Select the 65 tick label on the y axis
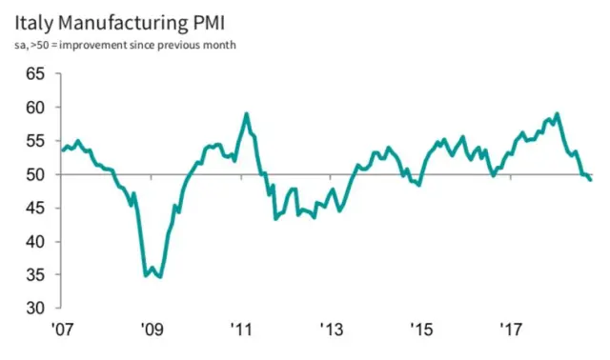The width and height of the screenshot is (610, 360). [x=35, y=74]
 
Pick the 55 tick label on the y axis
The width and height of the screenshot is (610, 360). [x=35, y=141]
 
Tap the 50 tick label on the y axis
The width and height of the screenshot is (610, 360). [x=35, y=174]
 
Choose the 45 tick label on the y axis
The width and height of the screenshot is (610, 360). [x=35, y=209]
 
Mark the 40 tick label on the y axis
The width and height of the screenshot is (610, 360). [x=35, y=242]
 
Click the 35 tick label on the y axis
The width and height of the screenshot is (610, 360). [x=35, y=275]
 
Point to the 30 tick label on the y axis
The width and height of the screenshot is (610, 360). [x=35, y=309]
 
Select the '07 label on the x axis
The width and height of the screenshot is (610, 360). [x=63, y=330]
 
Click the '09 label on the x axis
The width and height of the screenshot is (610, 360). [x=152, y=330]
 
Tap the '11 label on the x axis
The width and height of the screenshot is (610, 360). [x=241, y=330]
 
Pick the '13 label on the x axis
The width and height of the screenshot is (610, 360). [x=331, y=330]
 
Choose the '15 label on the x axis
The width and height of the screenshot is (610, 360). [x=421, y=330]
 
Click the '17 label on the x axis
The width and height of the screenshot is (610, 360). [x=511, y=330]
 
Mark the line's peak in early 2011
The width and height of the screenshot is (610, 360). [x=247, y=113]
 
